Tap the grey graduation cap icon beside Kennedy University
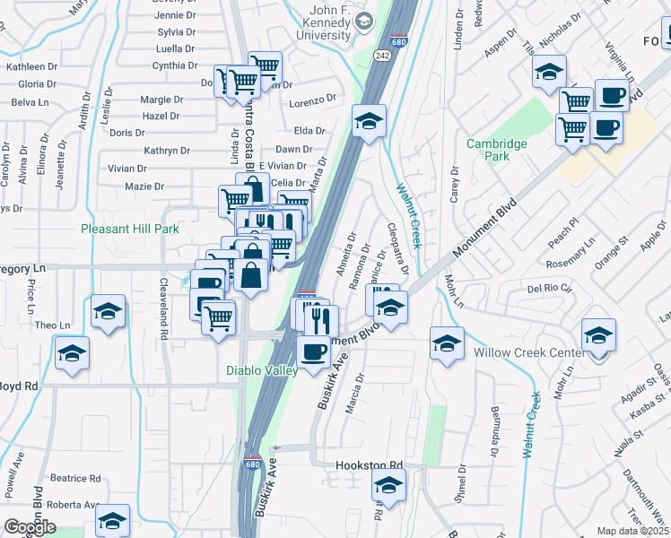[x=363, y=22]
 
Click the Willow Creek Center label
[x=527, y=352]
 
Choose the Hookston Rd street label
[x=370, y=466]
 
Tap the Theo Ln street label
[x=52, y=325]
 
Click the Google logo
[x=30, y=527]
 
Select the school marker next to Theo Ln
[x=108, y=311]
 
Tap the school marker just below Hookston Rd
[x=388, y=487]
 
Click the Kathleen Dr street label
[x=32, y=67]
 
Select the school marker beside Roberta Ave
[x=112, y=519]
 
